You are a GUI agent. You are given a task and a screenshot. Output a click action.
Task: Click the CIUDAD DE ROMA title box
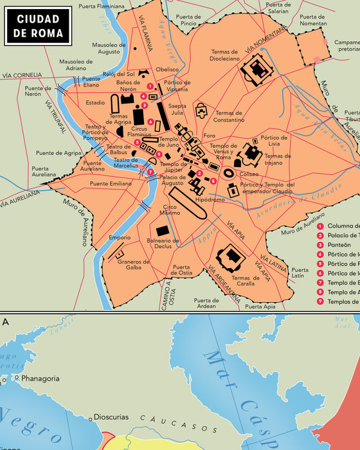(x=38, y=25)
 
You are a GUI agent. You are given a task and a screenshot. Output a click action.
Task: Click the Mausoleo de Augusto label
(x=109, y=49)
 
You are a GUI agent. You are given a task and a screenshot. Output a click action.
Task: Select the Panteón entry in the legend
(x=339, y=244)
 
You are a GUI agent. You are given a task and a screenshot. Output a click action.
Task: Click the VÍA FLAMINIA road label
(x=144, y=33)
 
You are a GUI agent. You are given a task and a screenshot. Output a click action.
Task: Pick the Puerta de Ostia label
(x=181, y=270)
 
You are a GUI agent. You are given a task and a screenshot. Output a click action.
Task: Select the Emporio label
(x=120, y=237)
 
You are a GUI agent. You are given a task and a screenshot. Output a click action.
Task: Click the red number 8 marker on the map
(x=213, y=181)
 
